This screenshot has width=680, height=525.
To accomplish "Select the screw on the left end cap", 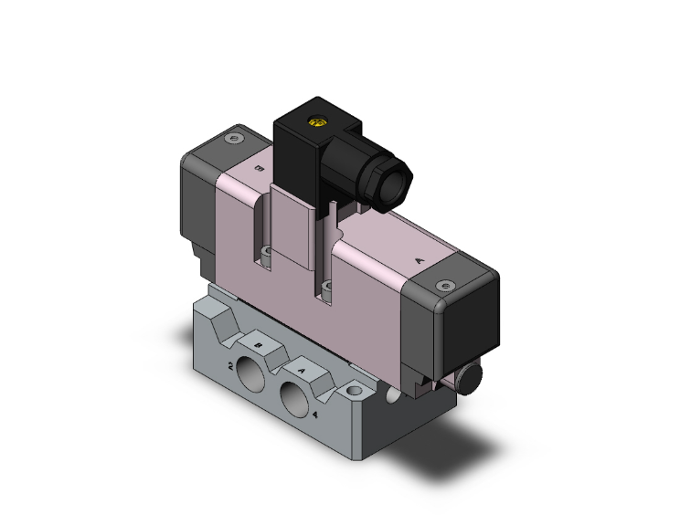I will [237, 140].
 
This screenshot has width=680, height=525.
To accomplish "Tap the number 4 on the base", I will [315, 415].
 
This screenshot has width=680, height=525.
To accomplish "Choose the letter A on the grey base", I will [303, 372].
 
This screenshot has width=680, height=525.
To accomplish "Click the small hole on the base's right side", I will [392, 394].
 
